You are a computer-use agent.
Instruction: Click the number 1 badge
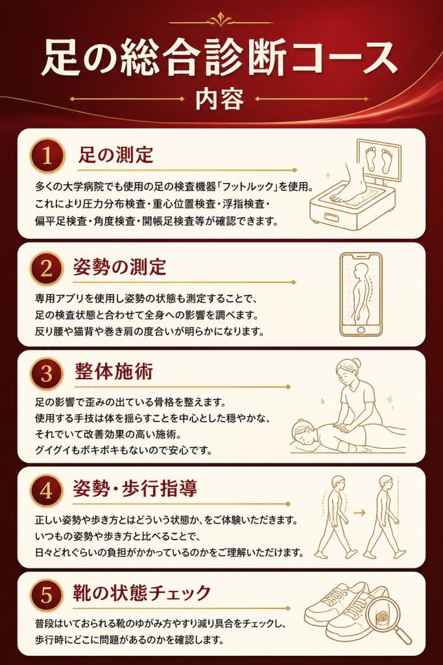tap(47, 156)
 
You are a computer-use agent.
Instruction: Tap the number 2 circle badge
tap(47, 268)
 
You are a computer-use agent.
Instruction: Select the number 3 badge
tap(47, 373)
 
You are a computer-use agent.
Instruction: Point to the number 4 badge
tap(47, 491)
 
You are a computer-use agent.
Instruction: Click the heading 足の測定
tap(115, 155)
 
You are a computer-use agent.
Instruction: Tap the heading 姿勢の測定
tap(120, 267)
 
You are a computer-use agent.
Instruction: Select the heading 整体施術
tap(114, 371)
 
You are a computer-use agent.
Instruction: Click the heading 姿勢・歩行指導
tap(135, 488)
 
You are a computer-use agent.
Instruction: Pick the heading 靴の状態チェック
tap(142, 593)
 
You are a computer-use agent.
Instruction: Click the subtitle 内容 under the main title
tap(220, 99)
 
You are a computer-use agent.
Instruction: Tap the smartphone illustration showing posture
tap(361, 295)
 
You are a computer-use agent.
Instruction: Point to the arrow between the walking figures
tap(359, 513)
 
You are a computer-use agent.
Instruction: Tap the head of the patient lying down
tap(302, 433)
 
